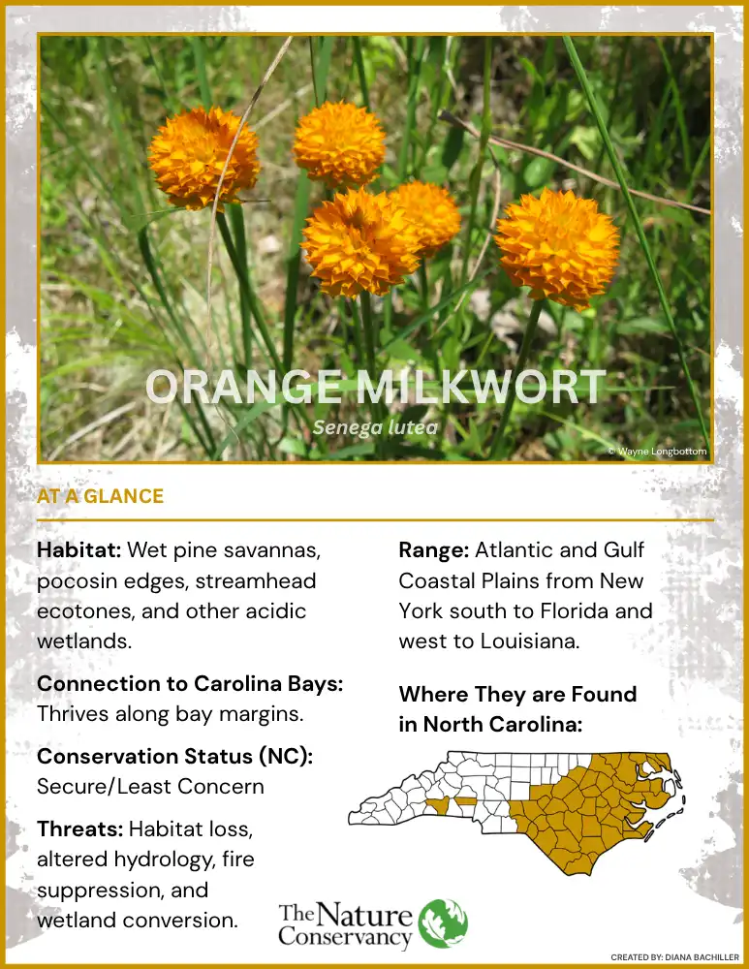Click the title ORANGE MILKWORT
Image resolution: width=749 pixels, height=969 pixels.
click(376, 387)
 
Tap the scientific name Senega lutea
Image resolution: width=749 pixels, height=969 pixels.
click(375, 427)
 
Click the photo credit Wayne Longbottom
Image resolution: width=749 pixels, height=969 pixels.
click(658, 452)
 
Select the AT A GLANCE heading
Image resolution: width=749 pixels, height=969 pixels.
click(100, 496)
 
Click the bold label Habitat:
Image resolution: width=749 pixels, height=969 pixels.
click(79, 549)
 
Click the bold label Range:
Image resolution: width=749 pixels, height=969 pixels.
click(434, 550)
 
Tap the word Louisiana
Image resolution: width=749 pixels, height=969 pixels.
click(530, 641)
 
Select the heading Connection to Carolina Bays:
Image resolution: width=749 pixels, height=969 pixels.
click(190, 683)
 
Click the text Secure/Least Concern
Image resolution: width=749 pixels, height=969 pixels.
click(150, 787)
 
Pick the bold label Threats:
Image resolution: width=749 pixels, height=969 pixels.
click(80, 828)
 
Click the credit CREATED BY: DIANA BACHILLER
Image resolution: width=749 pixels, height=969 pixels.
click(674, 957)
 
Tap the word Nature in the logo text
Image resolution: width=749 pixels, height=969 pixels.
click(364, 917)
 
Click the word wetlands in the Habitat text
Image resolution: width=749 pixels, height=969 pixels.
click(84, 641)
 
